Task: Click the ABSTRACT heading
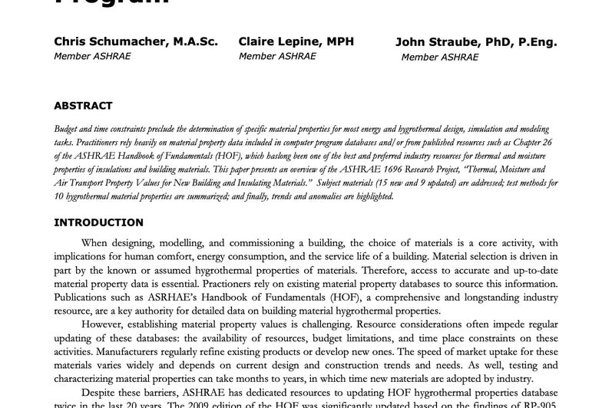[x=83, y=106]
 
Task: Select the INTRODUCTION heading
[x=98, y=223]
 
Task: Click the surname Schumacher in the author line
[x=127, y=41]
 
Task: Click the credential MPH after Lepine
[x=339, y=41]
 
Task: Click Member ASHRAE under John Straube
[x=438, y=57]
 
